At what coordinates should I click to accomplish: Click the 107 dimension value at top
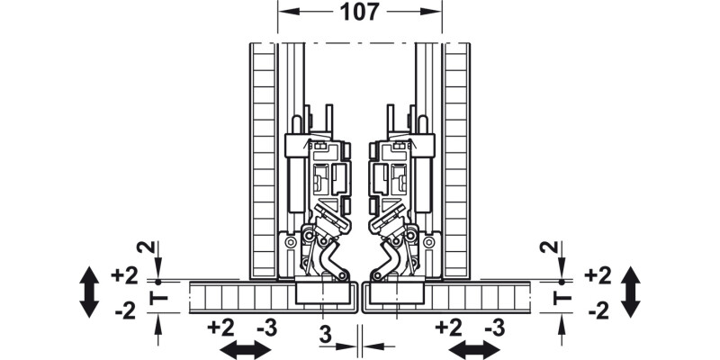[x=360, y=13]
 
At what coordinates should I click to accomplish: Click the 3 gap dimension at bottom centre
[x=325, y=332]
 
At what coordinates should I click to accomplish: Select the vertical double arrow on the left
[x=89, y=292]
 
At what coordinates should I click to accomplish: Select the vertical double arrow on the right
[x=631, y=292]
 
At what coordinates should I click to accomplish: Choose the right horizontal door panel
[x=477, y=297]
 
